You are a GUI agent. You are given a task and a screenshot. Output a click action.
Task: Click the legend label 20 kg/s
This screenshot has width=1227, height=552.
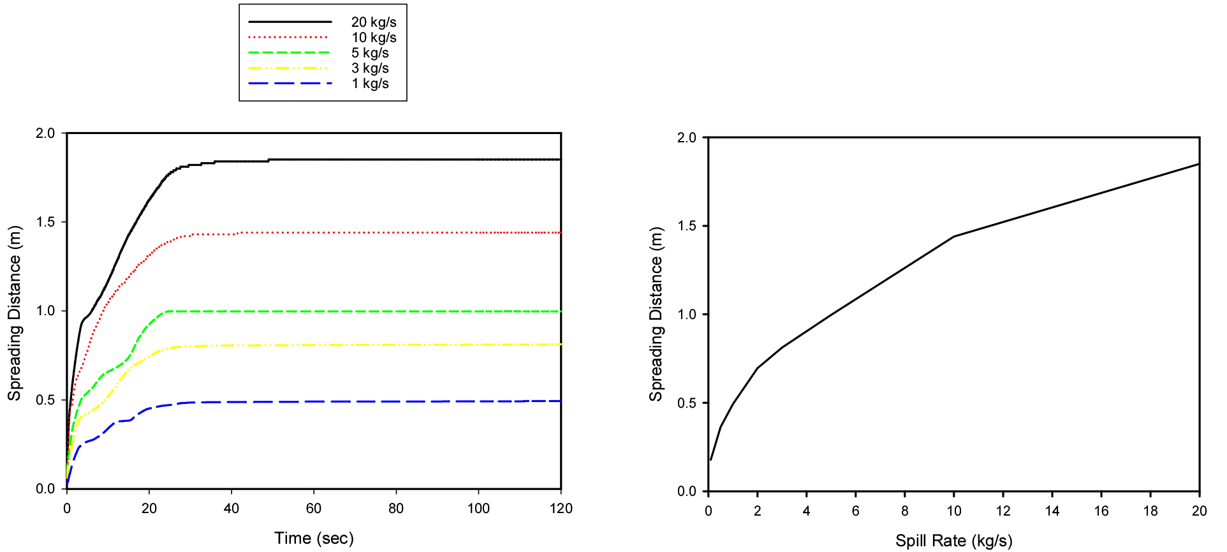point(374,22)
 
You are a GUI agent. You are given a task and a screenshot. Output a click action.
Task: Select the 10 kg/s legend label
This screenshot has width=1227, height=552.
point(374,38)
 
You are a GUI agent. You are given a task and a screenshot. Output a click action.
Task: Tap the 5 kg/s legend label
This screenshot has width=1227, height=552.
point(370,53)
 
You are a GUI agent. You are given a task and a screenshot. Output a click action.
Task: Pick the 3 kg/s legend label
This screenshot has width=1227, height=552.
point(370,68)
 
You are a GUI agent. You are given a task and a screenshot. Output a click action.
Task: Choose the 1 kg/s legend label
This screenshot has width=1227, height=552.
point(370,84)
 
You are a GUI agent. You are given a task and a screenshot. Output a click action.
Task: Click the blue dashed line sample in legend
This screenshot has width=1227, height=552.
point(290,84)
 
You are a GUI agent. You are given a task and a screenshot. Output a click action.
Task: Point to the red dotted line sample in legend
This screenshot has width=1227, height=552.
point(288,38)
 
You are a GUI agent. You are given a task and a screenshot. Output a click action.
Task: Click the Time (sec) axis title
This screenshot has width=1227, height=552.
point(314,538)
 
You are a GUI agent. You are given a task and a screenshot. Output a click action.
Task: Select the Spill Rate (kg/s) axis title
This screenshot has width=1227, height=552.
point(953,541)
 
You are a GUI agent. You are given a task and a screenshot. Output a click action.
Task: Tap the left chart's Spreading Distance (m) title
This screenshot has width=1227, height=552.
point(15,313)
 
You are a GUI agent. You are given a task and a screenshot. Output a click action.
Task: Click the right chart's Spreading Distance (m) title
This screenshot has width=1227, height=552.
point(656,314)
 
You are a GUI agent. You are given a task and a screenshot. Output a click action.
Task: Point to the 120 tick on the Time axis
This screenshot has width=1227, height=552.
point(561,509)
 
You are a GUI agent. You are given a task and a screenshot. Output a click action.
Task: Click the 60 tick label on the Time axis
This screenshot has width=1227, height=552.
point(314,509)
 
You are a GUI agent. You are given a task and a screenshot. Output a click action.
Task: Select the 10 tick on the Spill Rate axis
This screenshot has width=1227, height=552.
point(954,511)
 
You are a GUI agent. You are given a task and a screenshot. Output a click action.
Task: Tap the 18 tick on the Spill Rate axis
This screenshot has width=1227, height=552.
point(1150,511)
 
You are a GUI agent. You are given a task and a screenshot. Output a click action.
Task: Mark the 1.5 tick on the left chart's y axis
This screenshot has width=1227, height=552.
point(45,222)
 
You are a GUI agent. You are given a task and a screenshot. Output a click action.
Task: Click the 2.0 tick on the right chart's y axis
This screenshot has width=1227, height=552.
point(687,138)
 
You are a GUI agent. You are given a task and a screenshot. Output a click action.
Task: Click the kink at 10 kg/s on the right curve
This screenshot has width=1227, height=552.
point(954,237)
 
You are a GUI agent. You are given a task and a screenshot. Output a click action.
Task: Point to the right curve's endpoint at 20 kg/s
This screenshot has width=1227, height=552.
point(1200,164)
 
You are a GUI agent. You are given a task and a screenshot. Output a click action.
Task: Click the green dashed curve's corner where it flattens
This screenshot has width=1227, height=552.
point(167,311)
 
